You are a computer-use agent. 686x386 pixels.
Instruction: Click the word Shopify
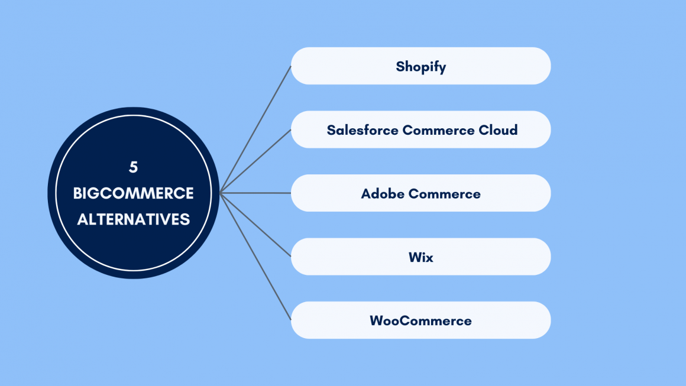tap(420, 66)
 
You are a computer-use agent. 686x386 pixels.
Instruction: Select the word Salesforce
tap(362, 130)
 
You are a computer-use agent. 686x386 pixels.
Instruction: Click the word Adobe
tap(382, 194)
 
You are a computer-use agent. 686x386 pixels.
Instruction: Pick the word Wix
tap(420, 258)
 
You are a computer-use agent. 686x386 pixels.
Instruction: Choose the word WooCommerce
tap(420, 321)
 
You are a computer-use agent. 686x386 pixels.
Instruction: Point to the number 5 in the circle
tap(134, 167)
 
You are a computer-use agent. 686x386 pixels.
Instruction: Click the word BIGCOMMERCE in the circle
tap(134, 193)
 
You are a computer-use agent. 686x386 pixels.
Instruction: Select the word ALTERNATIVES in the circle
tap(134, 219)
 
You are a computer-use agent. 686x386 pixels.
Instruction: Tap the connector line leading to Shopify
tap(255, 129)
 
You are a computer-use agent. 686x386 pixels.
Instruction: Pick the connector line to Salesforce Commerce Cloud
tap(255, 161)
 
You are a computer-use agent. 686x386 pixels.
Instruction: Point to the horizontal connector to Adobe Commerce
tap(255, 193)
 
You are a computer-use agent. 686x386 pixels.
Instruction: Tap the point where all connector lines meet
tap(220, 193)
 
